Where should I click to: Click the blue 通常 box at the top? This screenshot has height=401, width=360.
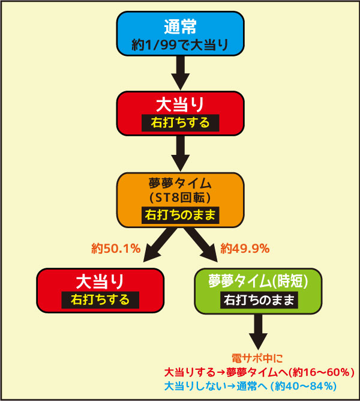[180, 34]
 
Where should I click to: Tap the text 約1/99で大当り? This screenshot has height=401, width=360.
[180, 45]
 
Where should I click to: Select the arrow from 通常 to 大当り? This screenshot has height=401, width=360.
[180, 73]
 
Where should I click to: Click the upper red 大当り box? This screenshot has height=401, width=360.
[180, 113]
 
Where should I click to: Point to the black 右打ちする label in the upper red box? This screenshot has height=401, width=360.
[180, 122]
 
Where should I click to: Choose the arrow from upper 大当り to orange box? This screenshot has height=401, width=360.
[180, 154]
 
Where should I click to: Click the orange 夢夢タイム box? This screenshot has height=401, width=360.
[180, 200]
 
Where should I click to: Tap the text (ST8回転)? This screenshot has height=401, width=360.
[180, 197]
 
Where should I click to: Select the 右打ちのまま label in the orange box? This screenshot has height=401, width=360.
[180, 215]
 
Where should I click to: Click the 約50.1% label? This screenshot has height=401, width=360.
[116, 249]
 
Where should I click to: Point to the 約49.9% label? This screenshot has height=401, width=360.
[245, 249]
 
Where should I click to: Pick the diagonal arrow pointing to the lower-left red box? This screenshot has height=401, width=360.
[160, 245]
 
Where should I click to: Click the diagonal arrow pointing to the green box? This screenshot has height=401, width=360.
[201, 245]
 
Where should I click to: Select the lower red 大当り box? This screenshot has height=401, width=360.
[100, 291]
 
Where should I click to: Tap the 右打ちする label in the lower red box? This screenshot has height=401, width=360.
[100, 300]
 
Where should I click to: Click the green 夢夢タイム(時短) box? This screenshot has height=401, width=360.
[258, 291]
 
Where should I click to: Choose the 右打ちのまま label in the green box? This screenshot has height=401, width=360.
[259, 300]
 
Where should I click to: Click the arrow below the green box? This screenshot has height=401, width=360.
[258, 332]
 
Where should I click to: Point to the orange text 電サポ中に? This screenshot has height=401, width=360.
[257, 358]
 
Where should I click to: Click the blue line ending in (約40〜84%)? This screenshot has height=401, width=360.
[250, 386]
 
